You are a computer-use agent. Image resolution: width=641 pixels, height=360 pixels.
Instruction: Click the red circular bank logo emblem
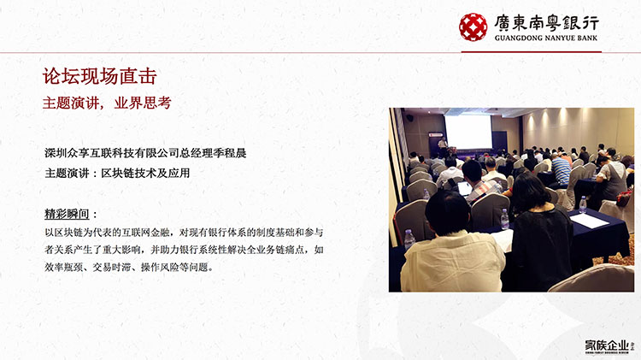[473, 27]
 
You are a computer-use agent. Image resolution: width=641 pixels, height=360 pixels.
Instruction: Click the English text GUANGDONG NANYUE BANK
[546, 38]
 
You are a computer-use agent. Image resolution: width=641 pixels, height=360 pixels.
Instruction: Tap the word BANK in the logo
[586, 38]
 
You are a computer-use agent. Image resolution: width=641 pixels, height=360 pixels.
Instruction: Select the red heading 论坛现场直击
[100, 76]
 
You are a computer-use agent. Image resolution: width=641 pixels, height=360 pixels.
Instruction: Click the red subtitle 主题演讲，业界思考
[107, 103]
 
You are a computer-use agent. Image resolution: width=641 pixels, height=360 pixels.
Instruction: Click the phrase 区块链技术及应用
[145, 173]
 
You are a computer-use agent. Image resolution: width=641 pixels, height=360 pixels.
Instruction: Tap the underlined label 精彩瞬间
[67, 214]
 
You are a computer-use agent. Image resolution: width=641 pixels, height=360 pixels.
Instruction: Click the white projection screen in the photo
[468, 132]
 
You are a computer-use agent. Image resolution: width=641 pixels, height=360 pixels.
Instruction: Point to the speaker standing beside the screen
[442, 146]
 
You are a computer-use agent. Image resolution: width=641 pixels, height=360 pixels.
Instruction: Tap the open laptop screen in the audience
[465, 189]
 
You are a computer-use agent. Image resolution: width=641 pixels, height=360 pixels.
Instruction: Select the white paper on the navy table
[589, 221]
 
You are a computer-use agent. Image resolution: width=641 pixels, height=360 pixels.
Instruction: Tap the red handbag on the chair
[624, 198]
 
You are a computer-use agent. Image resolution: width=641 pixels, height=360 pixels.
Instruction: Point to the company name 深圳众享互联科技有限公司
[112, 153]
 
